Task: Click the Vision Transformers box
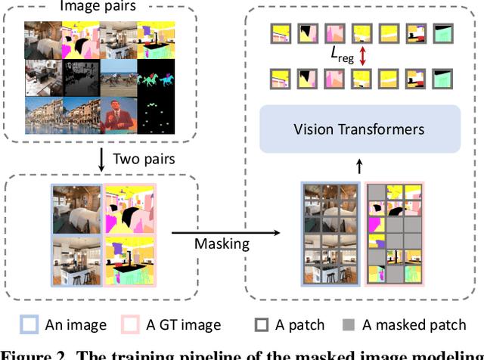(358, 129)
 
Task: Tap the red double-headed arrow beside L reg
(364, 55)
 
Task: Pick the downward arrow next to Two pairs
(100, 159)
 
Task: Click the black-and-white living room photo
(79, 79)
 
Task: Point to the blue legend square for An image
(30, 325)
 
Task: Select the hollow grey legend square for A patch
(262, 325)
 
